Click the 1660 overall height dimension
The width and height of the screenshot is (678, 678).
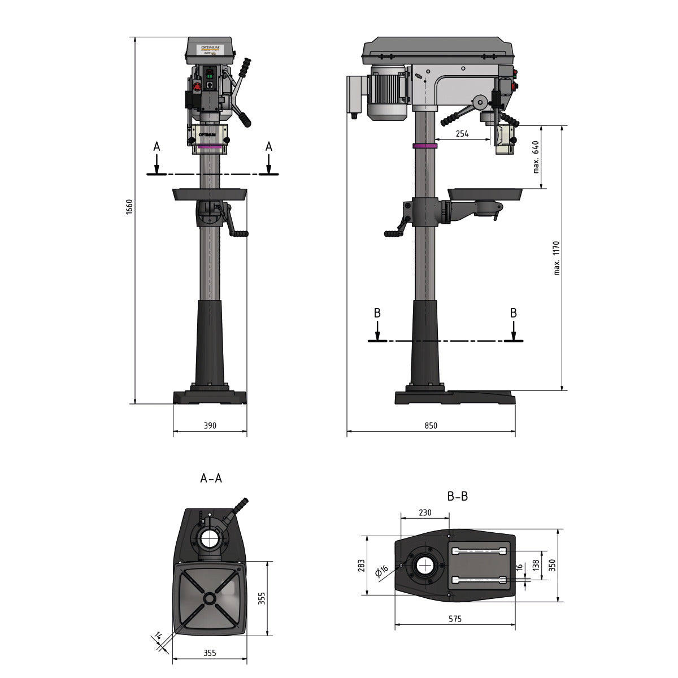pos(129,207)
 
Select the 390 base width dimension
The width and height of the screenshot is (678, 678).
pos(210,425)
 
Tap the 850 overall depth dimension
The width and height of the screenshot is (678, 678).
pos(431,425)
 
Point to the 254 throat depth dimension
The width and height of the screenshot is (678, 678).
pos(462,134)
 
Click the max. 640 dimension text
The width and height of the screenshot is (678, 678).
pos(536,157)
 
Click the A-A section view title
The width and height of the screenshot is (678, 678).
pos(211,479)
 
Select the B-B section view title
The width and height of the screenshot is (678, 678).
pos(457,497)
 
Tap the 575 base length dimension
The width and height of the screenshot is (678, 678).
pos(455,619)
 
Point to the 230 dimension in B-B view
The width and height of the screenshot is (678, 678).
pos(425,512)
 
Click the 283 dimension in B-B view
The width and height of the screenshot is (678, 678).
pos(362,566)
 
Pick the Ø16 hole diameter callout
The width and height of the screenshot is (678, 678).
pos(381,572)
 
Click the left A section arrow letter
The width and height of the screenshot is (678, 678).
pos(157,146)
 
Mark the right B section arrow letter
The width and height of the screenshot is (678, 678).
pos(513,312)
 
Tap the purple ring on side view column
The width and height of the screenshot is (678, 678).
pos(425,146)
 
